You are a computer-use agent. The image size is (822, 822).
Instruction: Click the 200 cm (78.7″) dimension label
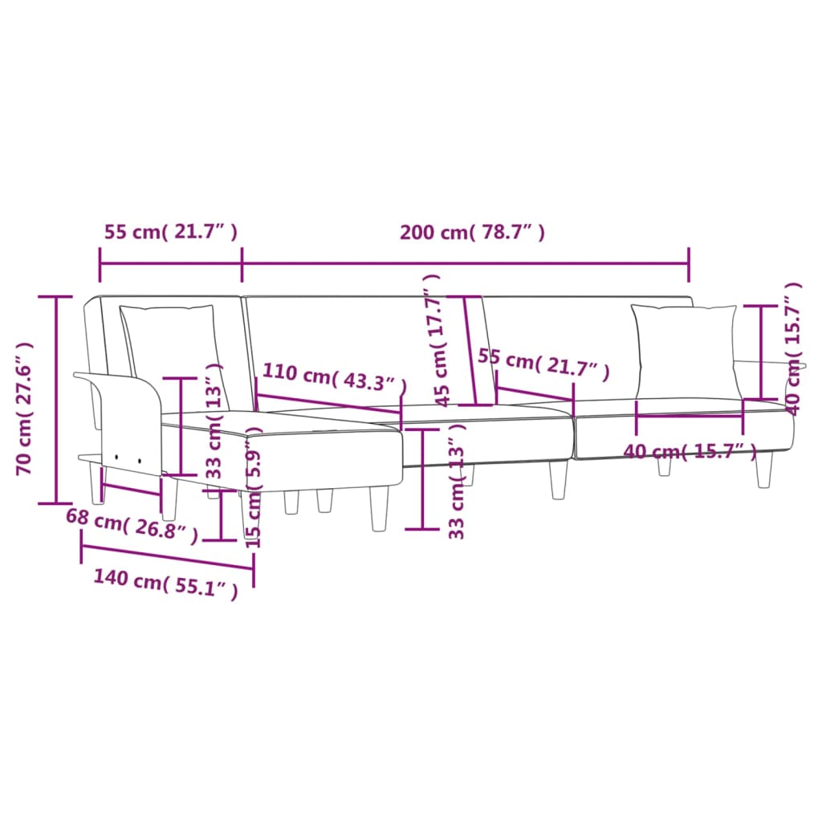[473, 233]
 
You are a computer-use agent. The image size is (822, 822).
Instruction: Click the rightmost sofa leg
[763, 469]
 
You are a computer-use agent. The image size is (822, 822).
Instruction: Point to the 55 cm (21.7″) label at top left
[170, 233]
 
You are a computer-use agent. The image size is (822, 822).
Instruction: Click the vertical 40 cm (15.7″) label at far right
[795, 347]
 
